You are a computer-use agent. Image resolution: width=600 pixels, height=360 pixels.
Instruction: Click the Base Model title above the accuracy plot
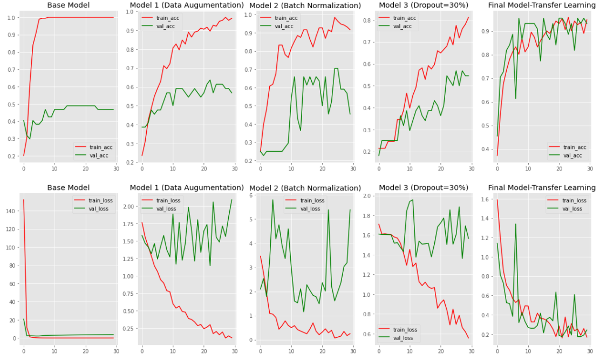(69, 5)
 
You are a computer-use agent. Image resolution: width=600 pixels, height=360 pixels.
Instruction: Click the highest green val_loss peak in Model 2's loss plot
(273, 200)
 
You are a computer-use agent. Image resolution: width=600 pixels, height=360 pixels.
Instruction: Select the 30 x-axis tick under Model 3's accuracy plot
(471, 168)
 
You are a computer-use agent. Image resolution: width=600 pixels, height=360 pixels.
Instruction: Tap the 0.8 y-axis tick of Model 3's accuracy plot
(372, 21)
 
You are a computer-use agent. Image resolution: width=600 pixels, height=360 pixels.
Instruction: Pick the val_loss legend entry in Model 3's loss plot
(399, 338)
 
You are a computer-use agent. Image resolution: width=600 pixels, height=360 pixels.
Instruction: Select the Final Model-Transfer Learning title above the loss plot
(541, 187)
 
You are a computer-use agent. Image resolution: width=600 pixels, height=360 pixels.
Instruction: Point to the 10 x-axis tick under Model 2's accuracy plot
(291, 168)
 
